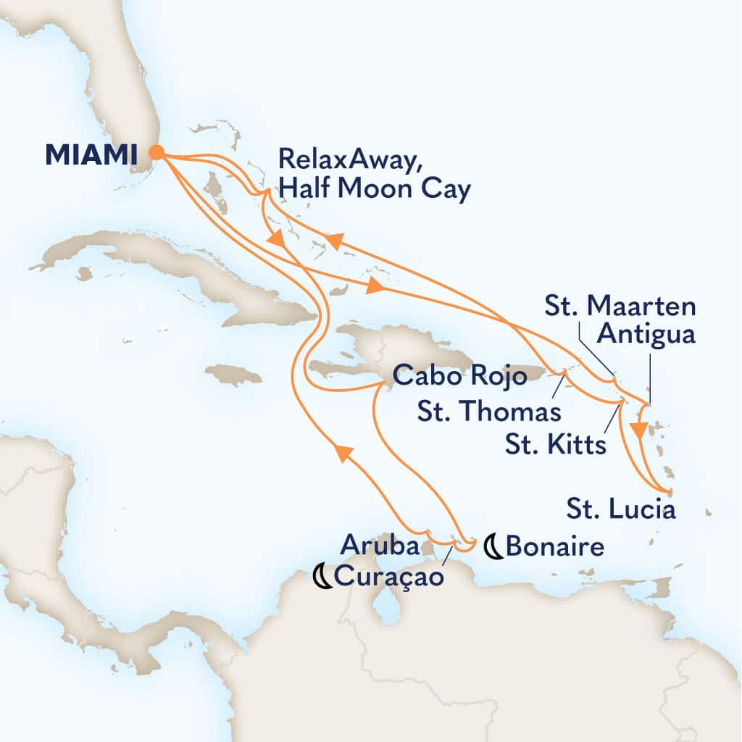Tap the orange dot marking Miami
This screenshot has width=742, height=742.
[x=157, y=152]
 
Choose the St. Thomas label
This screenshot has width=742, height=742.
[x=491, y=412]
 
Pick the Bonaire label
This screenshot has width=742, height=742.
[x=554, y=546]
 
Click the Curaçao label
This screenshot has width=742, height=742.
[x=386, y=578]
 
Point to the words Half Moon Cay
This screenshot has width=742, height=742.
[x=375, y=191]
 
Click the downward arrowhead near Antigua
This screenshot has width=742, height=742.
[x=638, y=430]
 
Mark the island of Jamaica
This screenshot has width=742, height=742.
[x=233, y=375]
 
